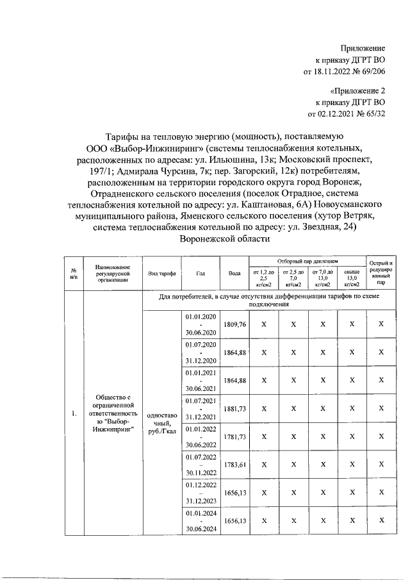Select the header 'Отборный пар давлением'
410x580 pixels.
click(x=307, y=261)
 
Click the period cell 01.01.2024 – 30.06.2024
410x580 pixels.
click(x=201, y=520)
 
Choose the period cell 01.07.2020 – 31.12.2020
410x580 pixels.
click(x=201, y=352)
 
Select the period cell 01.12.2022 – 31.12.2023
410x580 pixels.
click(x=201, y=492)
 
